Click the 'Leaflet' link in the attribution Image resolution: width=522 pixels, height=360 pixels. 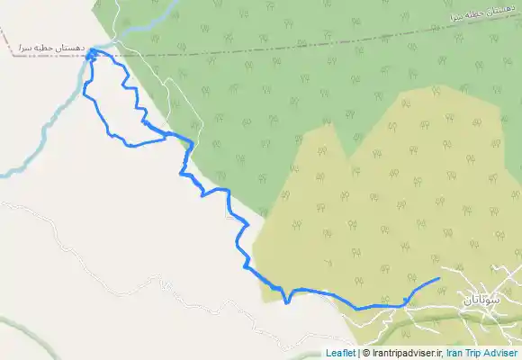tap(340, 354)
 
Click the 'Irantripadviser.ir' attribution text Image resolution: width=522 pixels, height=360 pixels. tap(405, 354)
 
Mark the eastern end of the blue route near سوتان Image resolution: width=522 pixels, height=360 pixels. tap(438, 279)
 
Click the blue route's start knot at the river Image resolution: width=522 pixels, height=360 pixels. tap(92, 54)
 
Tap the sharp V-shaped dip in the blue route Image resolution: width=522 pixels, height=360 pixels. tap(287, 302)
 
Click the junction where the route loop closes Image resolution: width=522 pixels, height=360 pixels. tap(167, 135)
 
